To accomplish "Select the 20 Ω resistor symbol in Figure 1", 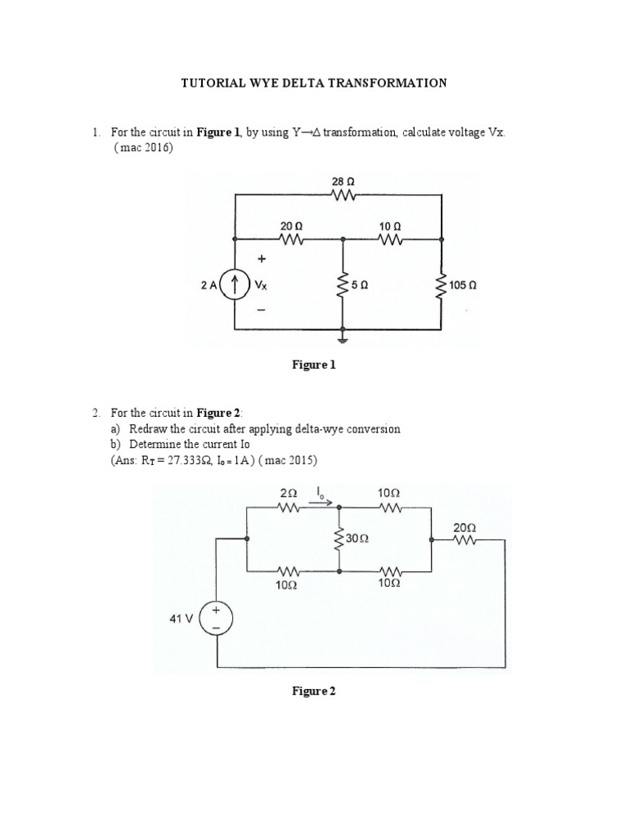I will tap(292, 240).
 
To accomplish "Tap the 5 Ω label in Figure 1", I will tap(359, 286).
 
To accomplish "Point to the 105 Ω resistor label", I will tap(463, 286).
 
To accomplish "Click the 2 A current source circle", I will tap(235, 285).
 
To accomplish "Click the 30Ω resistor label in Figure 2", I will tap(357, 539).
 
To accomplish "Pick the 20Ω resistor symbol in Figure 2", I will tap(464, 541).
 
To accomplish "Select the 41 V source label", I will tap(182, 619).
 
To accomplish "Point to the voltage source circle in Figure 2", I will tap(218, 619).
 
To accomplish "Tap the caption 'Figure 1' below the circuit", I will tap(314, 365).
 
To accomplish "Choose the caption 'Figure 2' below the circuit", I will tap(314, 691).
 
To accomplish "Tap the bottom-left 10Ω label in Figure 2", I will tap(287, 585).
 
